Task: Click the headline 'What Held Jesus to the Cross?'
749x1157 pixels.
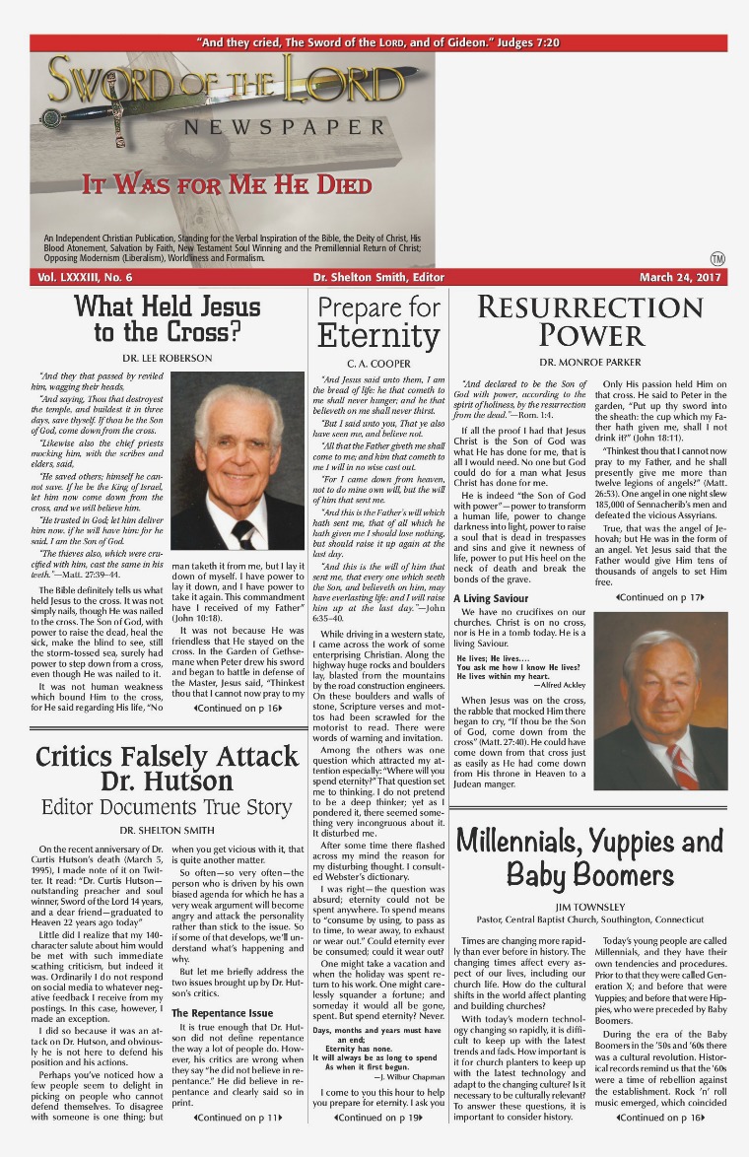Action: [x=168, y=318]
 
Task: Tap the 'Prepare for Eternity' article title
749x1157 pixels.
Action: [x=378, y=322]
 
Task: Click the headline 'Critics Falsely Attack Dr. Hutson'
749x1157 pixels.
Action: [x=166, y=770]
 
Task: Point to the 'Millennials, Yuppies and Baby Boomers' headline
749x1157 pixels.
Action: [x=589, y=857]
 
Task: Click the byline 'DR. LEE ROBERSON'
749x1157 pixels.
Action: [x=167, y=357]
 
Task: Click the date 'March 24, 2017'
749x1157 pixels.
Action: [x=681, y=278]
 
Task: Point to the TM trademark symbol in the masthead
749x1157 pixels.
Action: [x=716, y=258]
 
